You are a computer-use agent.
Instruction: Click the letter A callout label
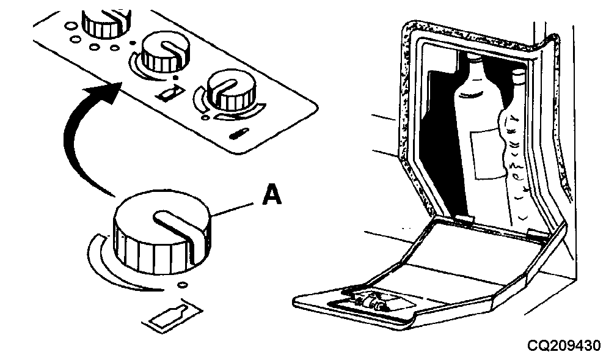(272, 194)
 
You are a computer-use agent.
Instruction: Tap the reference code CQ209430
(564, 345)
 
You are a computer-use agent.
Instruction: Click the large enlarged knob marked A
(162, 232)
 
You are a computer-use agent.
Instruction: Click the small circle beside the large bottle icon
(182, 285)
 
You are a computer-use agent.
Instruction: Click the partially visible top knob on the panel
(107, 24)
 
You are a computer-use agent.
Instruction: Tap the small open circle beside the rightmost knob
(206, 117)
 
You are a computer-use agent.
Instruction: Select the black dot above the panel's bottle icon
(176, 78)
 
